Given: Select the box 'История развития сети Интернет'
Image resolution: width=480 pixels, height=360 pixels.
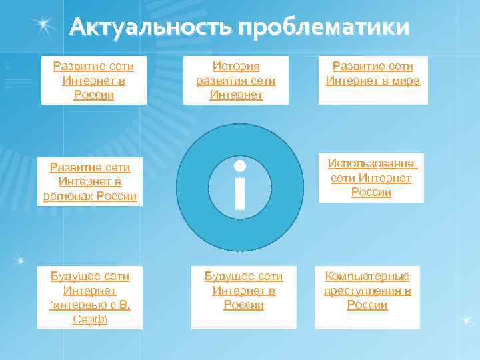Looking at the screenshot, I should [236, 81].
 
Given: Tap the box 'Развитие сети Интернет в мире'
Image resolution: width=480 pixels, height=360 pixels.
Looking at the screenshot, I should [373, 81].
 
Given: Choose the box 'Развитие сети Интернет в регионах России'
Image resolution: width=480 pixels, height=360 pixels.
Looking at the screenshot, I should [89, 181].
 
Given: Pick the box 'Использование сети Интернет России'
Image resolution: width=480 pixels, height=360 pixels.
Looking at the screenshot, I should [371, 178].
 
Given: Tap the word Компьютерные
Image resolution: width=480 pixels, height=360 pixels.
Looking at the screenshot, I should [367, 276].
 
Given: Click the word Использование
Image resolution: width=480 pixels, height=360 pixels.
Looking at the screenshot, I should [371, 164].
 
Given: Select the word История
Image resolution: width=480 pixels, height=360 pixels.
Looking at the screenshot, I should [236, 67].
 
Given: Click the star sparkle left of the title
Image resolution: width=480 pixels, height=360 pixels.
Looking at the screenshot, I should [45, 25].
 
